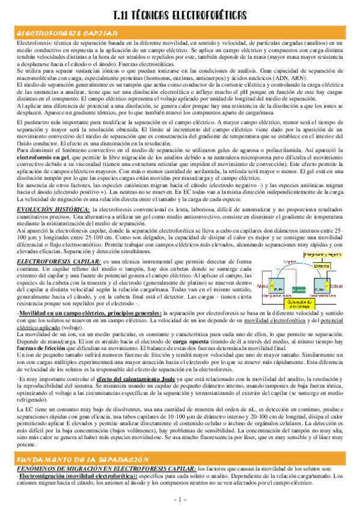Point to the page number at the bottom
180,500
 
